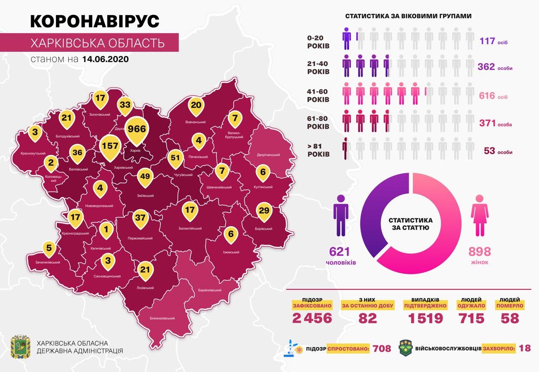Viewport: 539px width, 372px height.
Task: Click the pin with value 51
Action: point(176,158)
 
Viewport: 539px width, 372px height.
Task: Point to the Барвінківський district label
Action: point(210,291)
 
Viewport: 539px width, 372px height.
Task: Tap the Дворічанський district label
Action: point(268,155)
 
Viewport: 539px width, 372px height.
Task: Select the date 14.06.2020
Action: point(106,59)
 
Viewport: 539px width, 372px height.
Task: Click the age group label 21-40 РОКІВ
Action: point(318,67)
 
